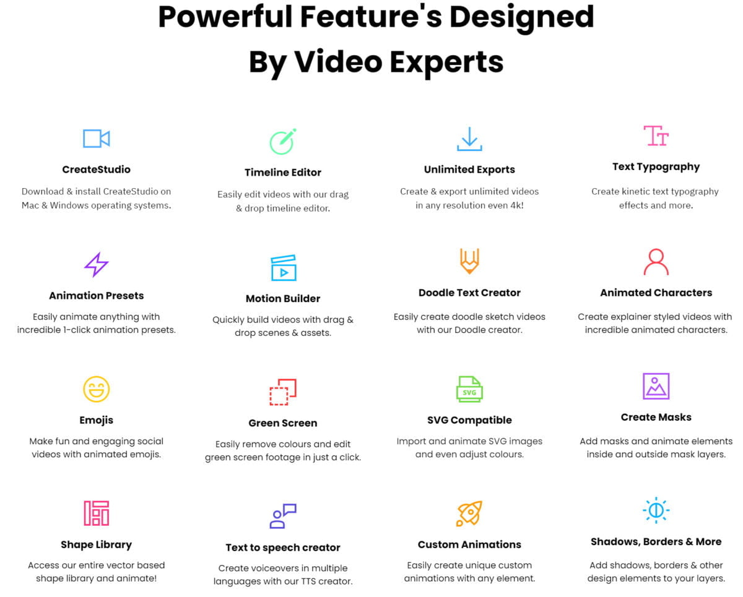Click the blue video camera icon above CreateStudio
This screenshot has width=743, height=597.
96,139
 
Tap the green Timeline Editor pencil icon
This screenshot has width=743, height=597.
283,141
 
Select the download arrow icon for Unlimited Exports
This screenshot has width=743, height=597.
469,139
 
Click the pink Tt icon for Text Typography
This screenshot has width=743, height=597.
656,135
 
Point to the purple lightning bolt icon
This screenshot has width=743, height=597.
96,265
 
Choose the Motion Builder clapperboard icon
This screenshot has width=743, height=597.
283,268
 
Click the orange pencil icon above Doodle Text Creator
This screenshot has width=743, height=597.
469,262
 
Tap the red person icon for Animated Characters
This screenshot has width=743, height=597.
656,262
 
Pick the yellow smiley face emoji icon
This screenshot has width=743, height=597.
96,389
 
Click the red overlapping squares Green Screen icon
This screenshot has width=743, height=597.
283,392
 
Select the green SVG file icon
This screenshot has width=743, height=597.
469,389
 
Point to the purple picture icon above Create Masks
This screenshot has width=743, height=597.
656,386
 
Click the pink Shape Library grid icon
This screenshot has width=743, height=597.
96,513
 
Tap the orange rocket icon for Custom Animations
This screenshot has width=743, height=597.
469,513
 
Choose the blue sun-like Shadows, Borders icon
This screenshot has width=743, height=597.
656,510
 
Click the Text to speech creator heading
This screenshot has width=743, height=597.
283,548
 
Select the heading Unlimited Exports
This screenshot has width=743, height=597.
469,170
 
